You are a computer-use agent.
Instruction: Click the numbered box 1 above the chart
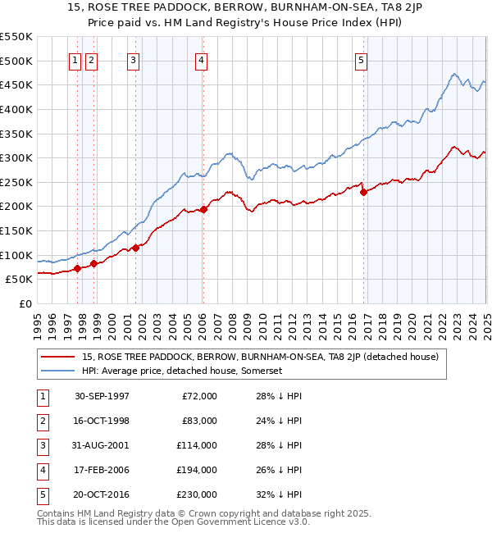pos(75,59)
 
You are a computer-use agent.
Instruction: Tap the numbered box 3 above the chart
pos(133,59)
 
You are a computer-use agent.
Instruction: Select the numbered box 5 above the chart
pos(362,59)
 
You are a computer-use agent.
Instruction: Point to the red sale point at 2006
pos(203,209)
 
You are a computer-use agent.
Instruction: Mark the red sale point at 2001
pos(136,248)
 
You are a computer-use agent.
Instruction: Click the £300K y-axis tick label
pos(16,157)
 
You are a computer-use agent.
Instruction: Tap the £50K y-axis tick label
pos(19,280)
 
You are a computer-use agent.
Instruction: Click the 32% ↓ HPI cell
pos(280,494)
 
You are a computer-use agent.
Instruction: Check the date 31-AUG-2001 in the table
pos(102,446)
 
